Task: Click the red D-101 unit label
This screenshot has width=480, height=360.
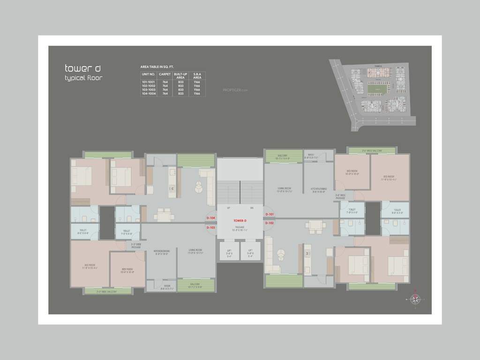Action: (269, 214)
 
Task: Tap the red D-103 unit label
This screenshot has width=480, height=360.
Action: (210, 227)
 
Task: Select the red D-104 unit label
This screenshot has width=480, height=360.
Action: (210, 218)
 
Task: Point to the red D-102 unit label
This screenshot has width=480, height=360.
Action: (269, 223)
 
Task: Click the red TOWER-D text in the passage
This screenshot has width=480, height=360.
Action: (240, 220)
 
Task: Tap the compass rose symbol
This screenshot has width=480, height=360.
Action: (414, 299)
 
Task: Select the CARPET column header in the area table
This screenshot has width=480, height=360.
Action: (165, 74)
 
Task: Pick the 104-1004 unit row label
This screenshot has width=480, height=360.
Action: (148, 94)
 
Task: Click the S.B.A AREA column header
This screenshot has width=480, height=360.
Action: (197, 75)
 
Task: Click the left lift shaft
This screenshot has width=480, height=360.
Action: (229, 251)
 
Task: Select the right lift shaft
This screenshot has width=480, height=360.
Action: (251, 251)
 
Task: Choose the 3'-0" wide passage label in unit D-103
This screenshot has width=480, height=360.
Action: (136, 246)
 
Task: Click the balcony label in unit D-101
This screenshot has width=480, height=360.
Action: (282, 157)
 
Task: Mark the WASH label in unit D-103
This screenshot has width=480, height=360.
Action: (167, 287)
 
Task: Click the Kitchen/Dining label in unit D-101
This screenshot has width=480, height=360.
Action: (318, 190)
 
